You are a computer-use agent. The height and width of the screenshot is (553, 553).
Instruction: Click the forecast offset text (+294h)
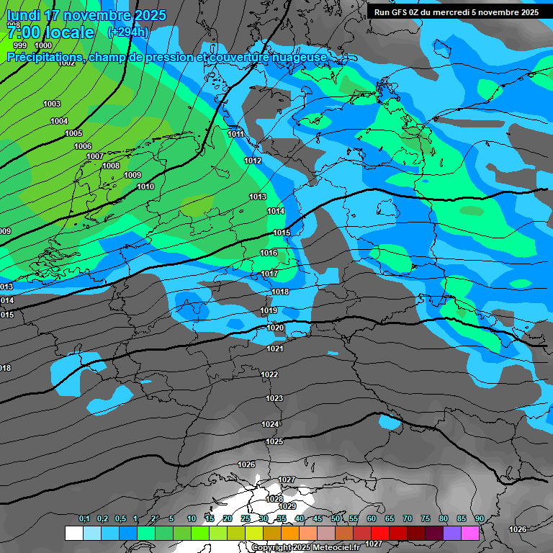(x=128, y=32)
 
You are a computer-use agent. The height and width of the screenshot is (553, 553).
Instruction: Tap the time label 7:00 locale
(x=50, y=32)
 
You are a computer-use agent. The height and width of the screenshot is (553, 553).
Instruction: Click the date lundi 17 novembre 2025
(x=86, y=15)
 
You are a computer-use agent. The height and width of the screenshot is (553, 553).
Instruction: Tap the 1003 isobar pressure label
(x=52, y=104)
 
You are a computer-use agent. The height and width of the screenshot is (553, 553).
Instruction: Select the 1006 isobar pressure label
(x=83, y=146)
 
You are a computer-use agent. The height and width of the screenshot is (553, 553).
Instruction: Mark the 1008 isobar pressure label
(x=111, y=166)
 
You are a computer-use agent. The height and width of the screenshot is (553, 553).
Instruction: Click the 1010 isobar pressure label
(x=145, y=186)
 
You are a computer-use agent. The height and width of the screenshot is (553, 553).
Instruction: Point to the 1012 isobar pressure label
(x=253, y=161)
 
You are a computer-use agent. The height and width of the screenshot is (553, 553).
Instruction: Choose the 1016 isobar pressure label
(x=269, y=253)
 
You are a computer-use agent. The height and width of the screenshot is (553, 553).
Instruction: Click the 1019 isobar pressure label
(x=269, y=310)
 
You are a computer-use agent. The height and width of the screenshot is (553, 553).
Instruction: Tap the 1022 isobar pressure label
(x=269, y=374)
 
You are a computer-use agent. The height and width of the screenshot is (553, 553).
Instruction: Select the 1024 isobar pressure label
(x=270, y=424)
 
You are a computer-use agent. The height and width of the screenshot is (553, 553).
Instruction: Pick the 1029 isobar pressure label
(x=287, y=506)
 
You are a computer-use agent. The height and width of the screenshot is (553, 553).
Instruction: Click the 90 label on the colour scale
(x=479, y=519)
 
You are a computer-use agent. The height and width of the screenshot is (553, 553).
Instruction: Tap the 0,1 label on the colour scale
(x=84, y=519)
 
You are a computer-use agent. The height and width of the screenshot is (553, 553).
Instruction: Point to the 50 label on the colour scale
(x=336, y=519)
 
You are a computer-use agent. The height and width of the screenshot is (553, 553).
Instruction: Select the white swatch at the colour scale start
(x=73, y=533)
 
